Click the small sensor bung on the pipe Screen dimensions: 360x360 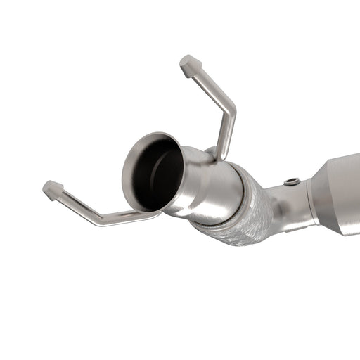(x=292, y=182)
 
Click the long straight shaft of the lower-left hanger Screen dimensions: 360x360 (x=77, y=204)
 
